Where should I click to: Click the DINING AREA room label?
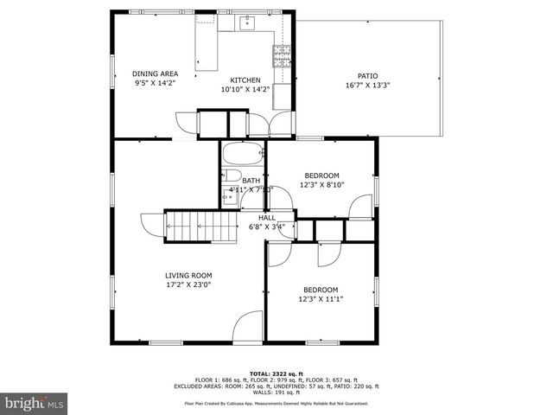point(156,74)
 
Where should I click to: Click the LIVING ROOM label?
point(188,276)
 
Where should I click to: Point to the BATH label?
point(251,181)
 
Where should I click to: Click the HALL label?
point(267,218)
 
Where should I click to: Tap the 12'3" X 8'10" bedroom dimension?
point(321,184)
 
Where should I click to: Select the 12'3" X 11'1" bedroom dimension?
point(321,299)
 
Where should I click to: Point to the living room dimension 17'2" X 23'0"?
point(188,284)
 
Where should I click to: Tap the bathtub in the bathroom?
point(243,156)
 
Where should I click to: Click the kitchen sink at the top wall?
point(244,22)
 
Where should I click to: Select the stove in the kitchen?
point(282,56)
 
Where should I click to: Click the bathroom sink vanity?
point(230,196)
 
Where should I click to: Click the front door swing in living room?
point(248,326)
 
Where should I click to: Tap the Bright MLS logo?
point(35,403)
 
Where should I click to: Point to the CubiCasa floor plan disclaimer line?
point(276,403)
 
